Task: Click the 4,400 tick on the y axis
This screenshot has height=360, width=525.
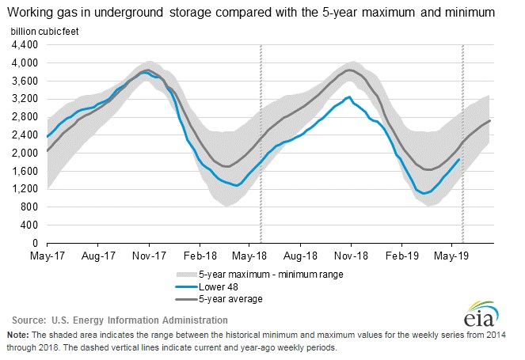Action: pyautogui.click(x=25, y=44)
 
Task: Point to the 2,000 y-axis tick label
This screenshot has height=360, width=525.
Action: pyautogui.click(x=25, y=153)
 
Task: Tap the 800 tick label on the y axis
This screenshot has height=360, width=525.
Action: pyautogui.click(x=29, y=207)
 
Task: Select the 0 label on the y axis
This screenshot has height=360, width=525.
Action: pyautogui.click(x=35, y=243)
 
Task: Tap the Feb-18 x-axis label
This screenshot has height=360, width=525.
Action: pyautogui.click(x=200, y=256)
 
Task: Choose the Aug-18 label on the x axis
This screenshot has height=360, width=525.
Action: pyautogui.click(x=300, y=256)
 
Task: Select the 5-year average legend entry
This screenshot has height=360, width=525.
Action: pyautogui.click(x=228, y=298)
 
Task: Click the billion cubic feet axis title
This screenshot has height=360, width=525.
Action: pyautogui.click(x=46, y=29)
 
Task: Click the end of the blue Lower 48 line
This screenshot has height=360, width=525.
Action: pyautogui.click(x=459, y=159)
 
